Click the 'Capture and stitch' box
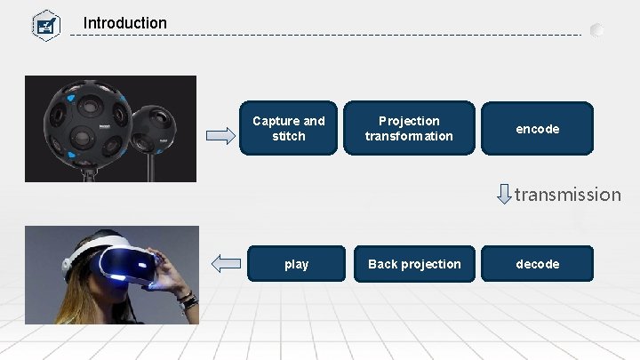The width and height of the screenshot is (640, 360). click(x=289, y=129)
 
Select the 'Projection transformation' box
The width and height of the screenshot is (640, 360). click(x=409, y=129)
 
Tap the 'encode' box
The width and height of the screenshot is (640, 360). click(x=537, y=129)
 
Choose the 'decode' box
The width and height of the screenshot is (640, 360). click(x=537, y=264)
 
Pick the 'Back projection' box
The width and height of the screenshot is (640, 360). click(x=414, y=264)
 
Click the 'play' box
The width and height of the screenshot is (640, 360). click(x=296, y=264)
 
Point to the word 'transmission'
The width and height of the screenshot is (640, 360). click(x=567, y=195)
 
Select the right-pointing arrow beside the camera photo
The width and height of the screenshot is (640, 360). click(x=220, y=136)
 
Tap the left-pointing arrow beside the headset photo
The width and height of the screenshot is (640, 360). click(x=227, y=263)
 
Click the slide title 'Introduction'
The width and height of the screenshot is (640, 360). click(x=124, y=22)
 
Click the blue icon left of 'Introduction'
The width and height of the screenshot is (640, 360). click(x=45, y=24)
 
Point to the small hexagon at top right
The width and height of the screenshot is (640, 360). click(x=597, y=29)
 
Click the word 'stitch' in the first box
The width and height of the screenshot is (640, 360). click(x=289, y=137)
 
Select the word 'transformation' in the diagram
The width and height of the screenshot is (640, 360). click(x=409, y=137)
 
